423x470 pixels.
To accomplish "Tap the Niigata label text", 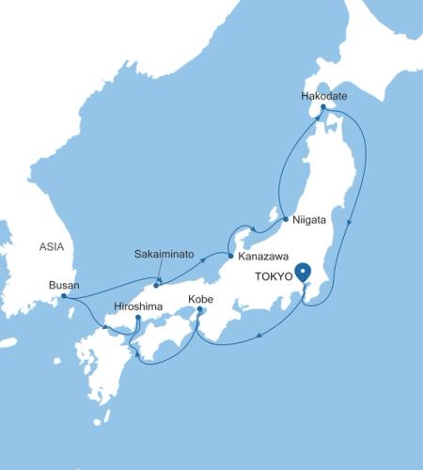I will tap(309, 219).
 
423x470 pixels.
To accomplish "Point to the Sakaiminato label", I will tap(166, 255).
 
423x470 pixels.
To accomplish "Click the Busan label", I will tap(64, 286).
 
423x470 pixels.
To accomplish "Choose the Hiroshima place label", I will tap(138, 306).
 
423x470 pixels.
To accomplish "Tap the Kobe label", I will tap(201, 300).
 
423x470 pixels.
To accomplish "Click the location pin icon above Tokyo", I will tap(303, 274).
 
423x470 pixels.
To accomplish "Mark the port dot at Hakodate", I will tap(322, 108).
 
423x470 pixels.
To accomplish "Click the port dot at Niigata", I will tap(285, 220).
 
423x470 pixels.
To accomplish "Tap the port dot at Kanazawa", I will tap(231, 255).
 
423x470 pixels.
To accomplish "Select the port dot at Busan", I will tap(63, 296).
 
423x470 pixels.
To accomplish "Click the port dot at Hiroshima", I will tap(138, 318).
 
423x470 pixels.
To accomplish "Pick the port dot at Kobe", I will tap(200, 309).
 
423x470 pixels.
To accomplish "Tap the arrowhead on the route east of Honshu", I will tap(350, 223).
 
